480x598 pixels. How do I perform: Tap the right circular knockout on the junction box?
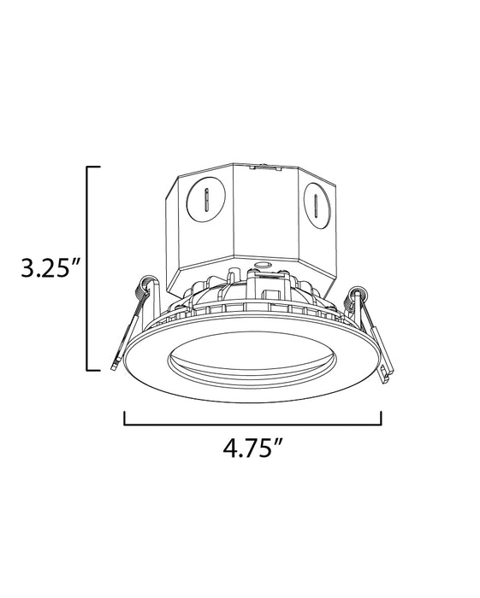pyautogui.click(x=316, y=205)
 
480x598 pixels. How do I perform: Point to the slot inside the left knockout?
pyautogui.click(x=205, y=202)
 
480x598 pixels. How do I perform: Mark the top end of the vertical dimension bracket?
pyautogui.click(x=94, y=167)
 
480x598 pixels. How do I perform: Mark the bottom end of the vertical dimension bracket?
pyautogui.click(x=94, y=370)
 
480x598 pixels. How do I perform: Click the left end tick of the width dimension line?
pyautogui.click(x=126, y=419)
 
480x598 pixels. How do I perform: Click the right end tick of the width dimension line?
pyautogui.click(x=381, y=419)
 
